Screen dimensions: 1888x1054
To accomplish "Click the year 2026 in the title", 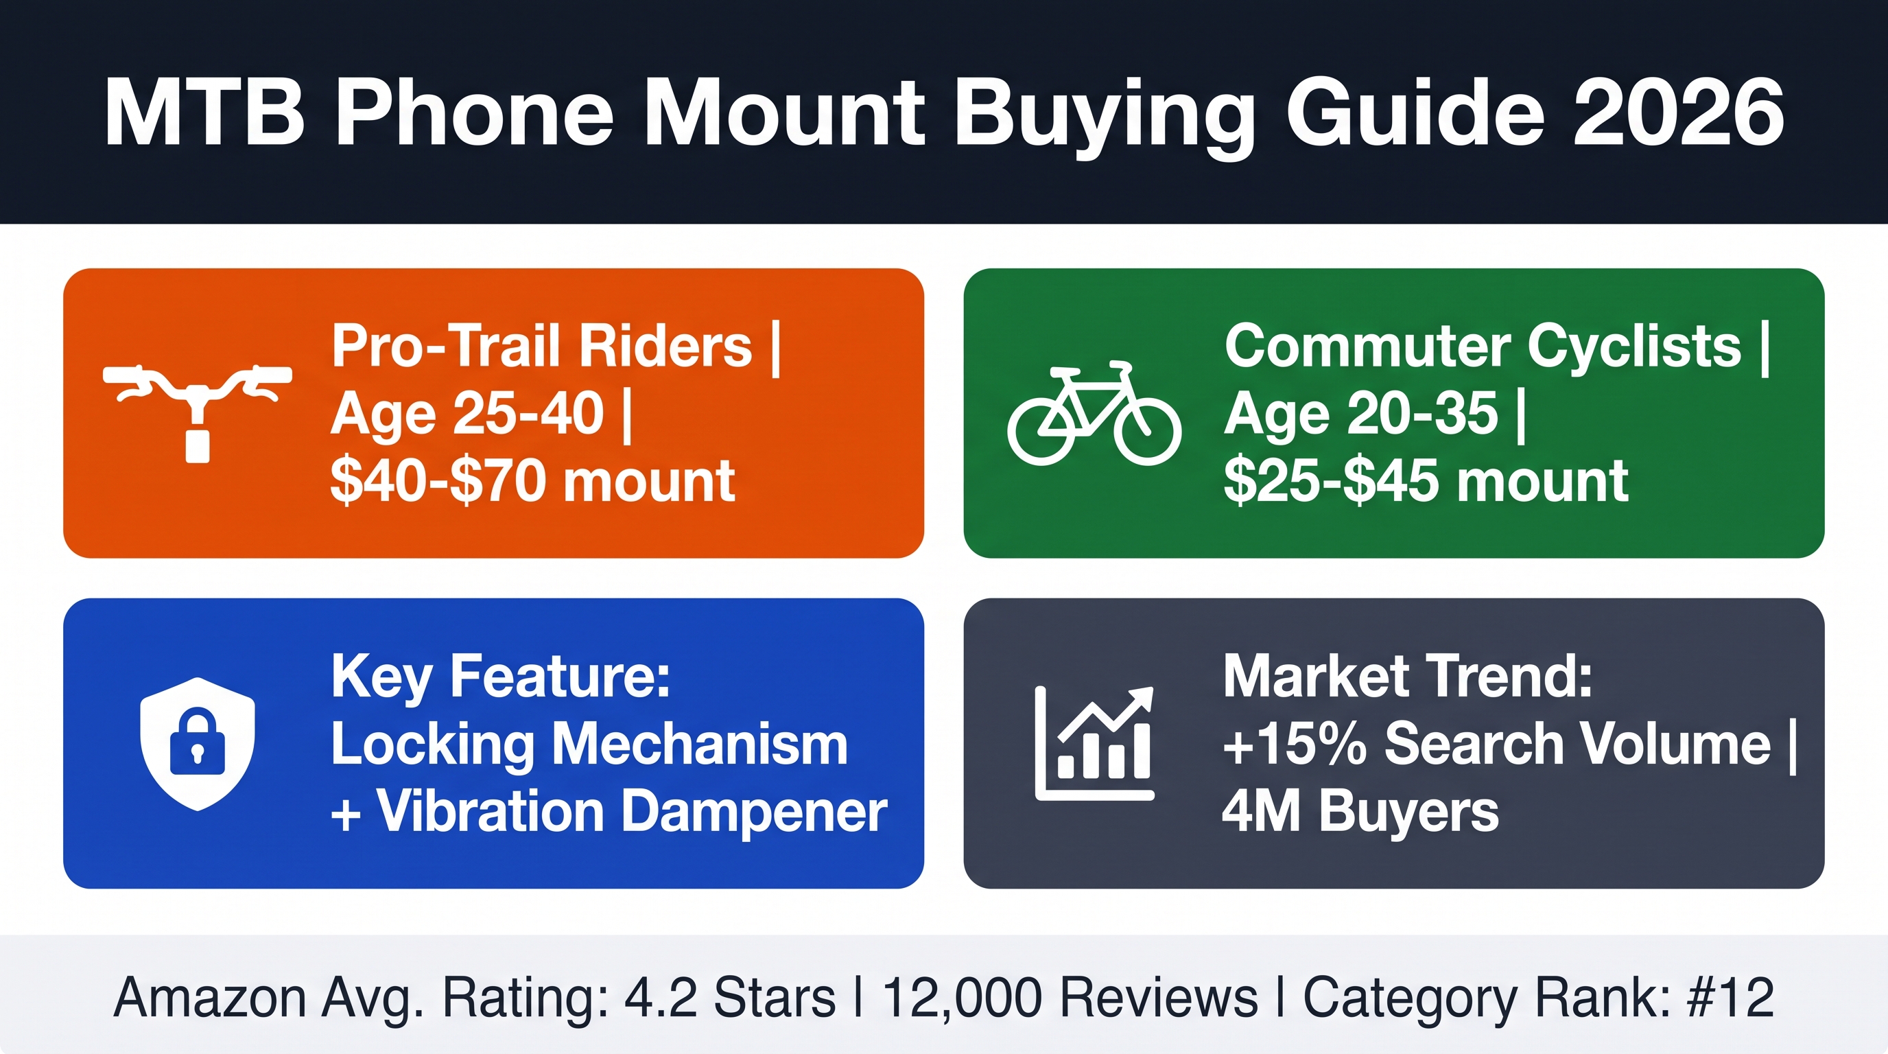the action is (1680, 114).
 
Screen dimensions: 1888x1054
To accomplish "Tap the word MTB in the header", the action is (204, 114).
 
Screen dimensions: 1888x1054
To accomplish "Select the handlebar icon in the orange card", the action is (197, 413).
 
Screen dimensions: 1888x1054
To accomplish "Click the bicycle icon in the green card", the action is (1094, 413).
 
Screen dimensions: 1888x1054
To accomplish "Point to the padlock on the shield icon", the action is (197, 742).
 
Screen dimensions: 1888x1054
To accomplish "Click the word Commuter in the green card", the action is (1367, 346).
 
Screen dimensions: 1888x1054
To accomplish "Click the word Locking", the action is (433, 746).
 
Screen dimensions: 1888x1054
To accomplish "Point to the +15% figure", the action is (1295, 745).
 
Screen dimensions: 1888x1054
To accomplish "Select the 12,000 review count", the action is (962, 999).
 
